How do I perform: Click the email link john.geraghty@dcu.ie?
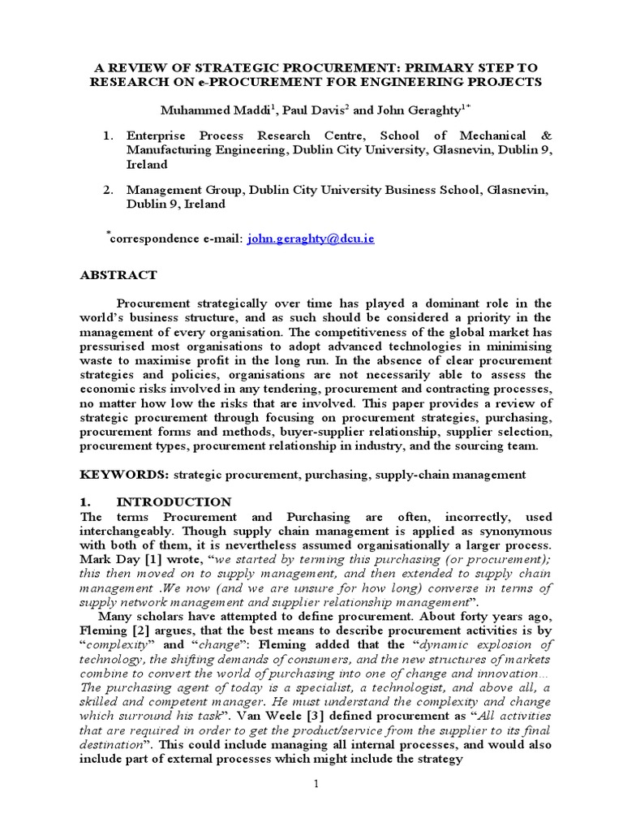(311, 239)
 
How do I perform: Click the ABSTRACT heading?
(118, 275)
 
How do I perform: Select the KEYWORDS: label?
(118, 475)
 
